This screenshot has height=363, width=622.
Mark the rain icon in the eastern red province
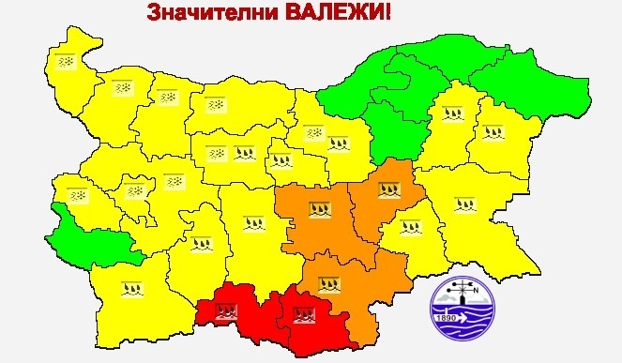(303, 318)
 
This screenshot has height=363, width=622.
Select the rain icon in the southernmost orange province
(327, 281)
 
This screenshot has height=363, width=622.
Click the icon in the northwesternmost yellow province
(67, 61)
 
